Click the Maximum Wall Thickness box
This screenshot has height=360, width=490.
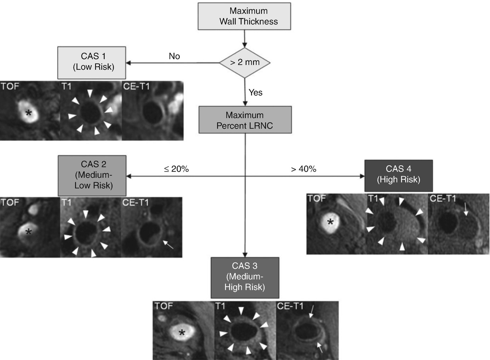point(244,16)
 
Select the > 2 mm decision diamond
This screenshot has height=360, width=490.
point(245,63)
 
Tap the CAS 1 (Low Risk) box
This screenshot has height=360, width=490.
point(92,62)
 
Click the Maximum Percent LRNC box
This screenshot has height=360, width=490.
point(245,120)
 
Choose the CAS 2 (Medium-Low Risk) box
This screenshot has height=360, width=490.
point(92,175)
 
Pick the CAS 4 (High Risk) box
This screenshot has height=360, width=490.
point(398,175)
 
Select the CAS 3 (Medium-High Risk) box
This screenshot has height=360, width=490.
point(245,277)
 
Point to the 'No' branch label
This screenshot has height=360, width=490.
point(174,56)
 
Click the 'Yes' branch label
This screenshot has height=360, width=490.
point(255,93)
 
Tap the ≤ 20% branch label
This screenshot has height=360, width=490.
point(176,169)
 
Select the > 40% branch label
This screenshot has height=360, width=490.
point(303,169)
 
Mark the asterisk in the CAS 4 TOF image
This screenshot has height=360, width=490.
point(330,222)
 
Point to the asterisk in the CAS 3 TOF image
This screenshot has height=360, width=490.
point(182,333)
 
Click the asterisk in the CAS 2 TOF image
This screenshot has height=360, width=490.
point(29,232)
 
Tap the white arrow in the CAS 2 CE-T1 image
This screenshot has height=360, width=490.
point(168,244)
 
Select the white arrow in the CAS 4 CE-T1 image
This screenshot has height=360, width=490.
point(466,209)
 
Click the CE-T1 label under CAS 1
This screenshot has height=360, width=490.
point(136,86)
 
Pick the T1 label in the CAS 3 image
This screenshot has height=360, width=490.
point(220,306)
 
